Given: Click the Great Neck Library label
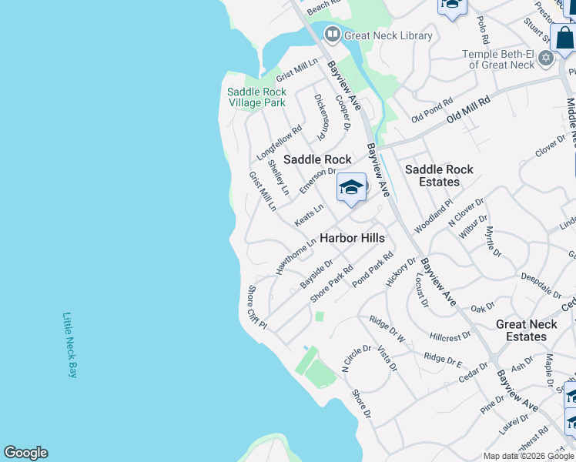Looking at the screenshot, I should tap(388, 35).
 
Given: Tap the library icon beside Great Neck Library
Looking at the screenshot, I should tap(332, 34).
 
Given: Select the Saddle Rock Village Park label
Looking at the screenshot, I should tap(256, 97).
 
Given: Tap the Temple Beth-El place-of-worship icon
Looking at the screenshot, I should tap(546, 58).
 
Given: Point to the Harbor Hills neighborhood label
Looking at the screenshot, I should tap(352, 238).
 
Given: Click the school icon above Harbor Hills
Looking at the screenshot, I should tap(351, 188).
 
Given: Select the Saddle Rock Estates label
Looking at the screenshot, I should tap(439, 176).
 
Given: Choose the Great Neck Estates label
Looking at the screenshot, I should tap(527, 331).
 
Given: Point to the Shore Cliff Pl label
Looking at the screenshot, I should tap(256, 307).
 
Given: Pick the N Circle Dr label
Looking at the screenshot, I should tap(357, 359).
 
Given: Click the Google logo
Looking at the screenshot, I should tap(25, 453).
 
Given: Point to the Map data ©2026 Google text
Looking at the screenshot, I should tap(529, 456).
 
